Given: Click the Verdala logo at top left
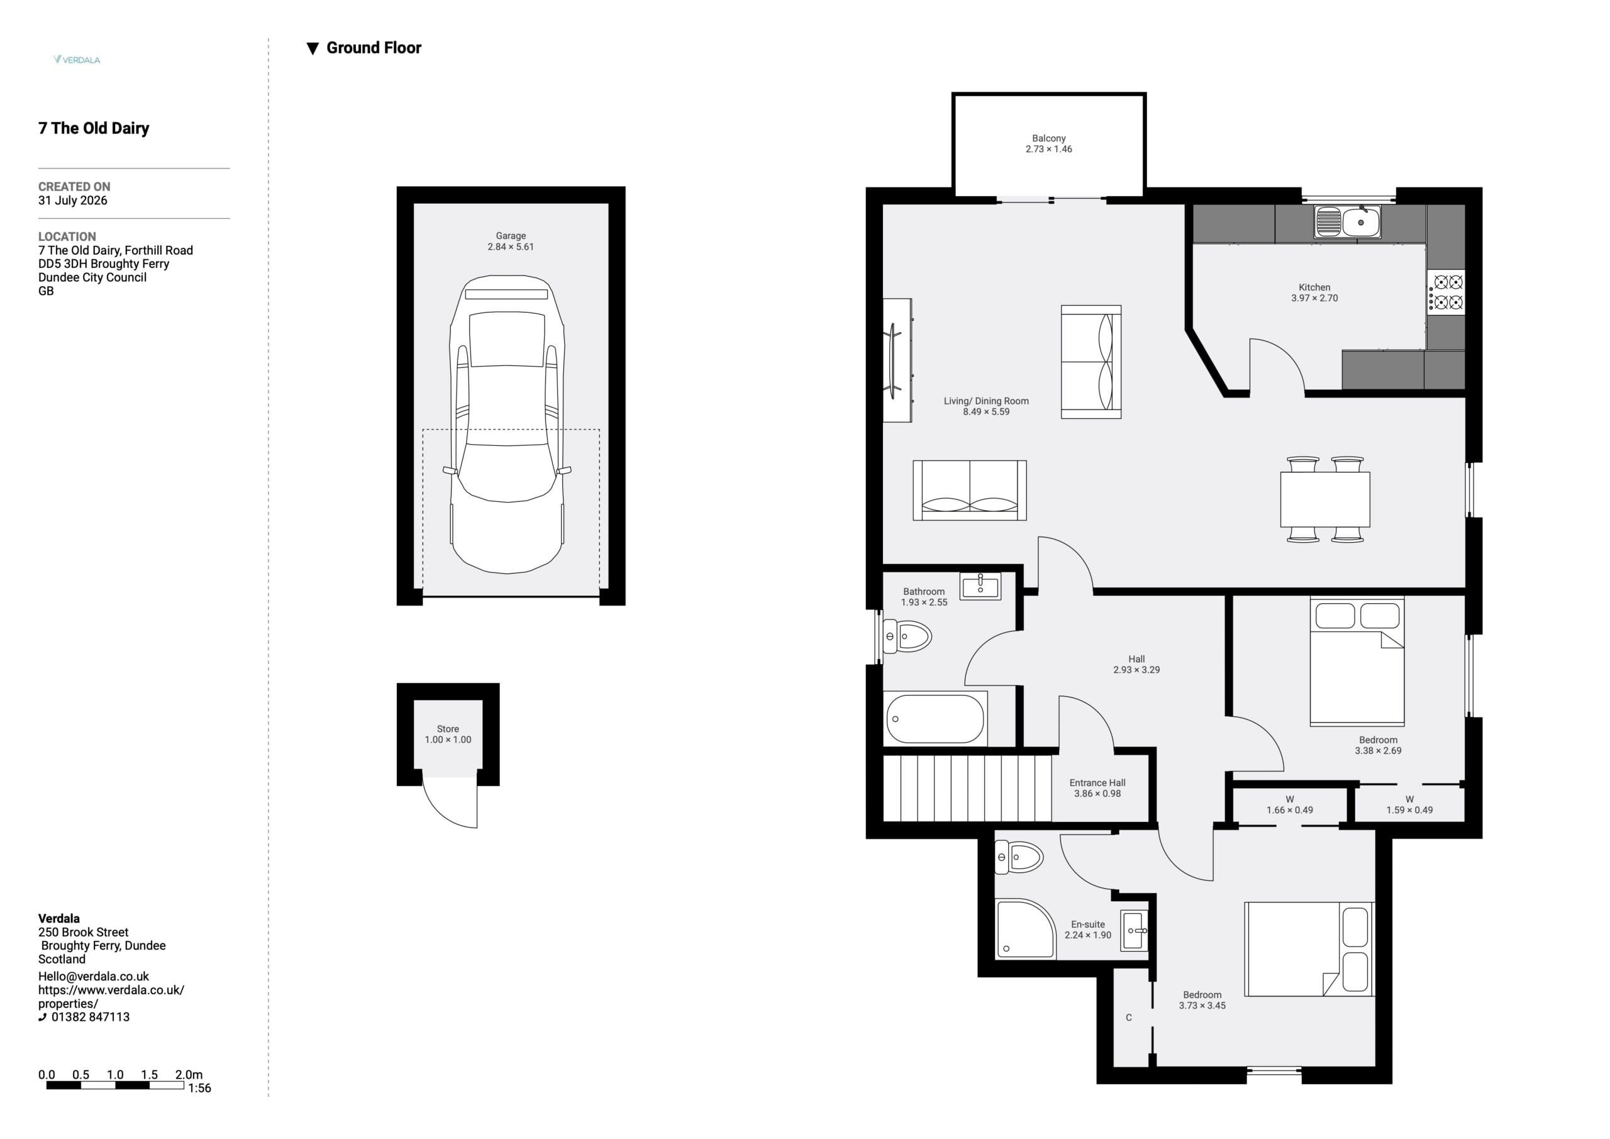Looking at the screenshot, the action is click(77, 60).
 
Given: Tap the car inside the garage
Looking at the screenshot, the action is click(507, 425).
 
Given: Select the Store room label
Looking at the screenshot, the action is click(448, 729).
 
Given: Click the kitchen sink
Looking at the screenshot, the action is click(1347, 221).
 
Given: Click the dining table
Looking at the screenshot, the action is click(1325, 499).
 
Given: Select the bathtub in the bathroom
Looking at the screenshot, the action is click(935, 718).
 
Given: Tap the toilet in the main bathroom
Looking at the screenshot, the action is click(907, 636).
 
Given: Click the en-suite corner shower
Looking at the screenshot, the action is click(1025, 928).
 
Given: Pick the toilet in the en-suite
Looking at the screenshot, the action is click(1019, 857).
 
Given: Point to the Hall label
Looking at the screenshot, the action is click(1136, 658).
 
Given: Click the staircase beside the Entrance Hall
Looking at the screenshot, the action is click(967, 787).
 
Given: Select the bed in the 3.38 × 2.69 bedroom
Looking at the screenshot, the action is click(1357, 660).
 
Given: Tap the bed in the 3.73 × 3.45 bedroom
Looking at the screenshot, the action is click(1309, 949).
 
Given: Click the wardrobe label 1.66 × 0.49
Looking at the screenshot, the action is click(1289, 810).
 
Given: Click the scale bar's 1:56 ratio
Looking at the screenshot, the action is click(199, 1088).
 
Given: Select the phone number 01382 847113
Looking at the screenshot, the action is click(91, 1017).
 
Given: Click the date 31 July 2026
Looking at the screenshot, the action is click(73, 200).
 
